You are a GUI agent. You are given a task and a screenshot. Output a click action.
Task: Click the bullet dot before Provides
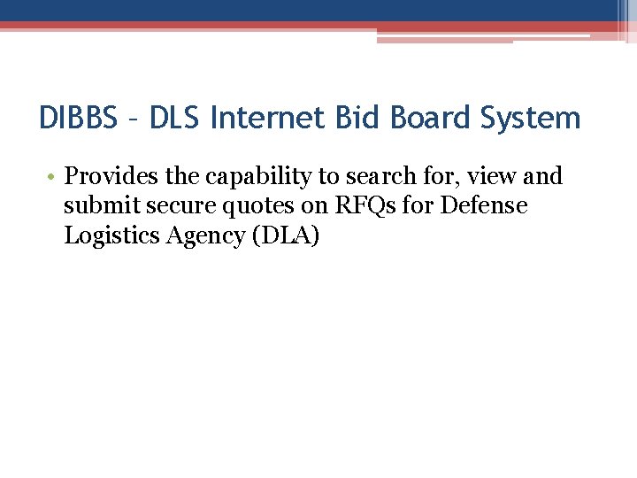(x=53, y=177)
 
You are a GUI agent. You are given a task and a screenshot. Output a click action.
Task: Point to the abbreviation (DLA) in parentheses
(x=285, y=236)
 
